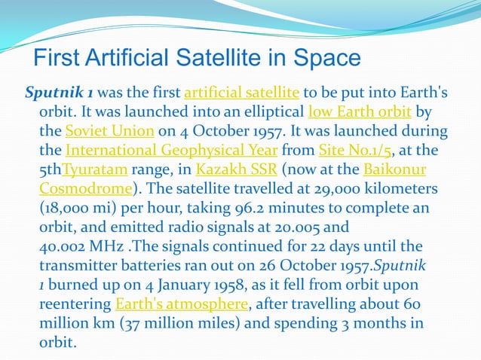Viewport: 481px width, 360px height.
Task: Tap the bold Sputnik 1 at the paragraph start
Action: coord(60,93)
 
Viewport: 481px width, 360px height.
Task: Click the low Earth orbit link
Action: coord(360,112)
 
